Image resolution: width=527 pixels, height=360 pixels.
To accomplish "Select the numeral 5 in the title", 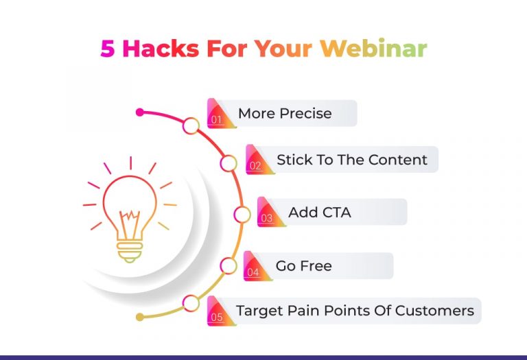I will (108, 49).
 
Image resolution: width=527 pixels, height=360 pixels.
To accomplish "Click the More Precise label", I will (285, 113).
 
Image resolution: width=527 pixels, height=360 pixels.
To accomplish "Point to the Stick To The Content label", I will (351, 160).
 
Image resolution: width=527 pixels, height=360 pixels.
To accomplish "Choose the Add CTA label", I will (319, 213).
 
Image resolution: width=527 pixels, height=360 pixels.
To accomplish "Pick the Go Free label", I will (303, 266).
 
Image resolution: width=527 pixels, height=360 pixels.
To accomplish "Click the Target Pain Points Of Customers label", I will (355, 311).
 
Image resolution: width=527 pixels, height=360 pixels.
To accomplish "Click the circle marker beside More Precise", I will (191, 125).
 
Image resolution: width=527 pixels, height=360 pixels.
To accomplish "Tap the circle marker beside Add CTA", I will (242, 215).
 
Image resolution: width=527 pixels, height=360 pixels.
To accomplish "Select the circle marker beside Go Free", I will (229, 265).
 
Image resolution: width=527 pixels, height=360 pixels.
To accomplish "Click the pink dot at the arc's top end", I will (140, 112).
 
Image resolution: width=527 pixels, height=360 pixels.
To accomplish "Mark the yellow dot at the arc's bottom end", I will (140, 317).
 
